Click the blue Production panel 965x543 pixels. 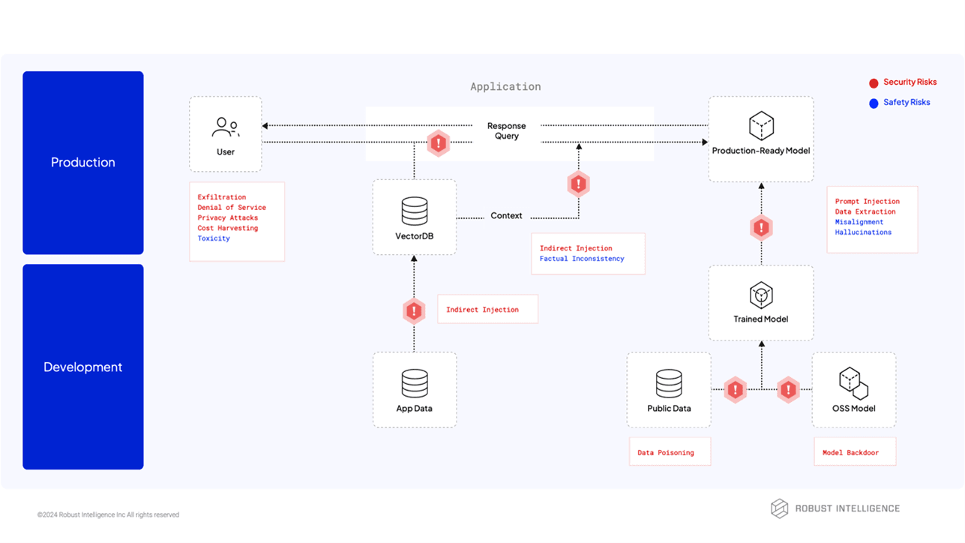tap(82, 163)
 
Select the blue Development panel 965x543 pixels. tap(82, 367)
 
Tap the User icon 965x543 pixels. tap(225, 127)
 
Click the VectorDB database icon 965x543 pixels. tap(414, 211)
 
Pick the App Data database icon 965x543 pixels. tap(414, 383)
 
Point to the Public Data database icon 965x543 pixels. tap(669, 383)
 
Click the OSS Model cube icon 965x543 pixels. tap(853, 383)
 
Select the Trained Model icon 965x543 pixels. tap(761, 295)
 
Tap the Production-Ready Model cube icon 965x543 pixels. tap(761, 126)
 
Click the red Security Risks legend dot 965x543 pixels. tap(874, 83)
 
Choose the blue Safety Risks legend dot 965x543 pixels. tap(874, 103)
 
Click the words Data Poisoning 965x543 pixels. tap(665, 453)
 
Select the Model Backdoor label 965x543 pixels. tap(850, 453)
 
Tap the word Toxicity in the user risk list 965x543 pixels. tap(214, 238)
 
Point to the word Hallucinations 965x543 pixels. tap(863, 232)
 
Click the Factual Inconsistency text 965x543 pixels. tap(581, 259)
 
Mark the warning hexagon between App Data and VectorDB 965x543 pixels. tap(414, 310)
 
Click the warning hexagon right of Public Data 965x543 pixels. tap(736, 390)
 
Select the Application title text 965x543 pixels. tap(505, 87)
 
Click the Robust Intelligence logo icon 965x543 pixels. tap(780, 508)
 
